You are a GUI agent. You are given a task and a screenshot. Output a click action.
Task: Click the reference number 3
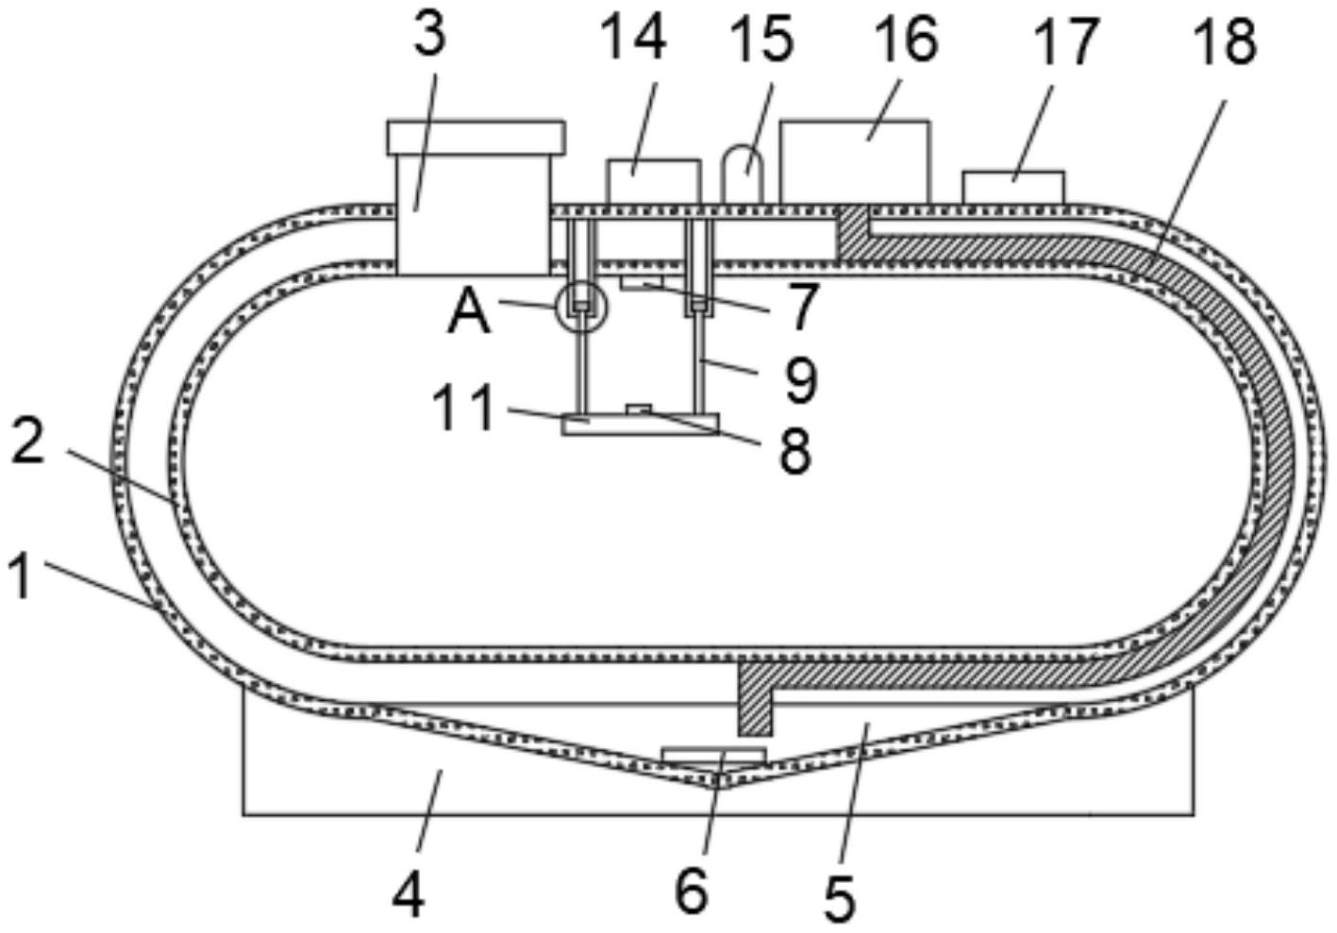[x=429, y=35]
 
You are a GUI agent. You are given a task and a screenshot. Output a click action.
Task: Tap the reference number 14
[x=633, y=38]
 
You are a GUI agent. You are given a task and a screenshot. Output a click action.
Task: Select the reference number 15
[x=762, y=39]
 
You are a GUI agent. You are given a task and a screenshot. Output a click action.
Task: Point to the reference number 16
[x=908, y=39]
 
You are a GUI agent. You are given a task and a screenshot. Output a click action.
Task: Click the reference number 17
[x=1066, y=42]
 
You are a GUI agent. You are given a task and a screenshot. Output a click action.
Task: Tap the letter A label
[x=470, y=314]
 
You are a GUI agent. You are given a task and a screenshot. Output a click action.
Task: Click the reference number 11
[x=464, y=408]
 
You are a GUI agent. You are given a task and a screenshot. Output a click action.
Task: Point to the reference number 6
[x=692, y=891]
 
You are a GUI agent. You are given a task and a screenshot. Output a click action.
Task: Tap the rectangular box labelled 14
[x=654, y=181]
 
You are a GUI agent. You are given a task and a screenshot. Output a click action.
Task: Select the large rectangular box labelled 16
[x=855, y=161]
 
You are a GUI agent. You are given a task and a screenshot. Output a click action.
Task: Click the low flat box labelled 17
[x=1013, y=188]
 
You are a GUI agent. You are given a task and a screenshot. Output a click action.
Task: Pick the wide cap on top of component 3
[x=476, y=138]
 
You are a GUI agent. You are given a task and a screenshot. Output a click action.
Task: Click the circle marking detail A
[x=581, y=308]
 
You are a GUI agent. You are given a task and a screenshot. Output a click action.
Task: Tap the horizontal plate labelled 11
[x=641, y=424]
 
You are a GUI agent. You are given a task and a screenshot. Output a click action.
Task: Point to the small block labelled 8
[x=638, y=409]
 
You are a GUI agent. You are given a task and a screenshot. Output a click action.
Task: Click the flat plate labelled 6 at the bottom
[x=714, y=755]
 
